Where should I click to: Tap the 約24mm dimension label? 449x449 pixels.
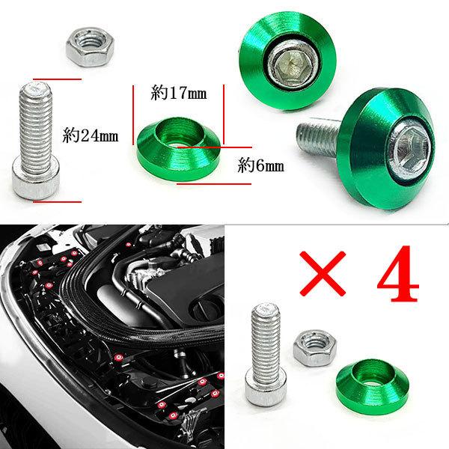pos(91,136)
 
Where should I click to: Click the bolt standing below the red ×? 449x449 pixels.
pos(264,344)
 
